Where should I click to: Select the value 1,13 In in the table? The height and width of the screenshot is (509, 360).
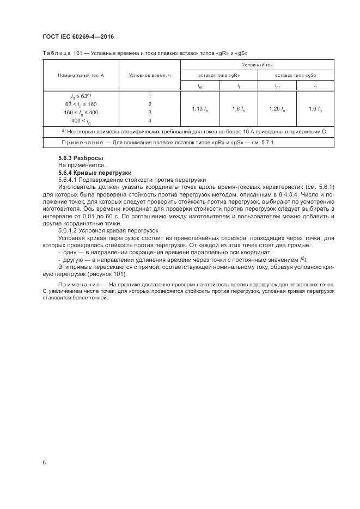[199, 109]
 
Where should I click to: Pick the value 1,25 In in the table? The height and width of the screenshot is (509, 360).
[277, 109]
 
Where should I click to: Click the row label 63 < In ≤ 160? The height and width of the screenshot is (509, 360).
[81, 104]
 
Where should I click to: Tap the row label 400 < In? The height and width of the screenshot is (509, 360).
[81, 120]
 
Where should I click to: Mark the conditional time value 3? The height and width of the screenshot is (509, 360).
[150, 112]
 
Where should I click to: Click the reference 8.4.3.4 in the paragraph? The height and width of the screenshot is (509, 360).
[271, 193]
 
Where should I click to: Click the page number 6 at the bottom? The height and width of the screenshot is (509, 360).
[44, 462]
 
